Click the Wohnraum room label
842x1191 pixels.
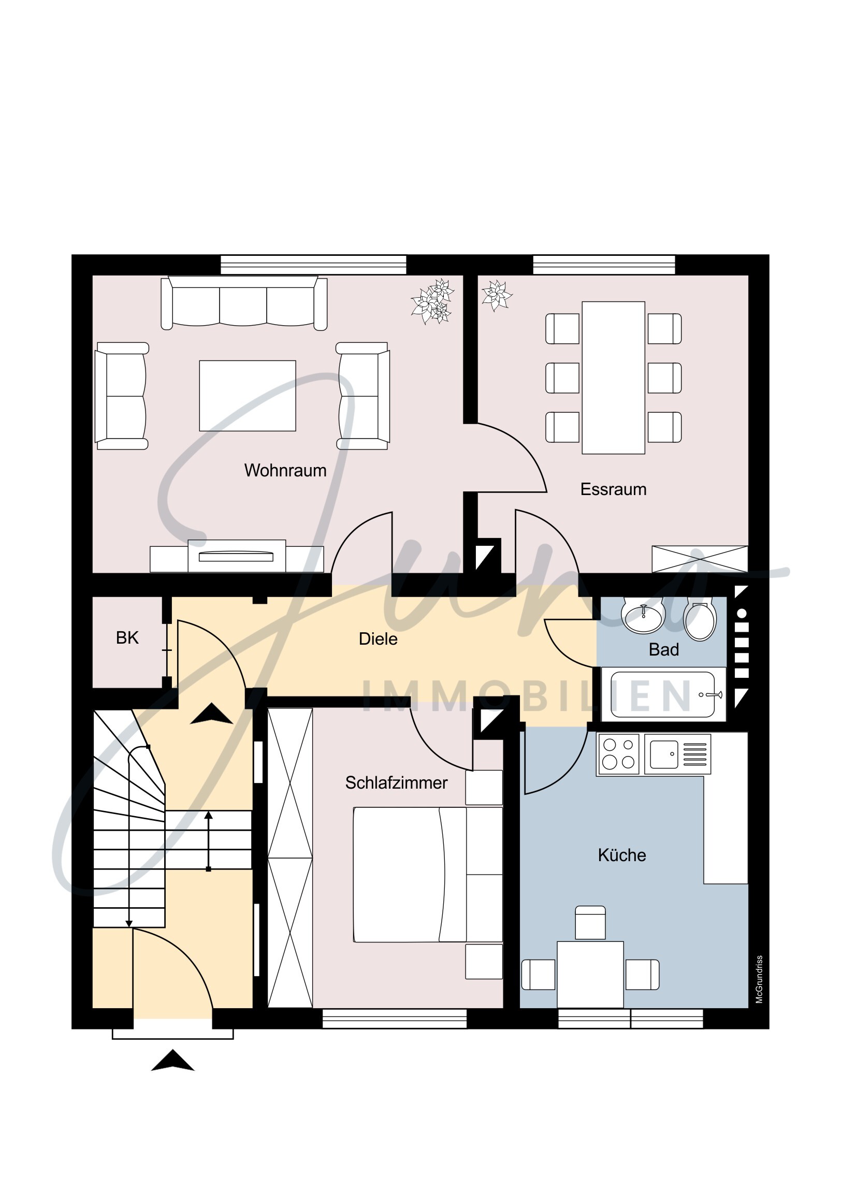[285, 471]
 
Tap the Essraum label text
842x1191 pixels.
[613, 489]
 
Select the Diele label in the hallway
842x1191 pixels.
[378, 639]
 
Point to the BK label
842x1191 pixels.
[127, 638]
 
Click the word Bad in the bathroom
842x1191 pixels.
[663, 649]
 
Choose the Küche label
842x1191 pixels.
[622, 855]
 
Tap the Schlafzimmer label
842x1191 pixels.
[396, 783]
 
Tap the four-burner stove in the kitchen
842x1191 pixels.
[618, 754]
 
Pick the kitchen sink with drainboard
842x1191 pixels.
[677, 754]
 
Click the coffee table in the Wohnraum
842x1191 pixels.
[248, 396]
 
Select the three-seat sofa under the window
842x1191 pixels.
[244, 303]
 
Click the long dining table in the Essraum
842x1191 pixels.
[614, 377]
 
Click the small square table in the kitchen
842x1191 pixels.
[590, 975]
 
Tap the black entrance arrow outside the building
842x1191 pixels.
[173, 1061]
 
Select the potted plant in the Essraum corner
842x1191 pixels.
[497, 296]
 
